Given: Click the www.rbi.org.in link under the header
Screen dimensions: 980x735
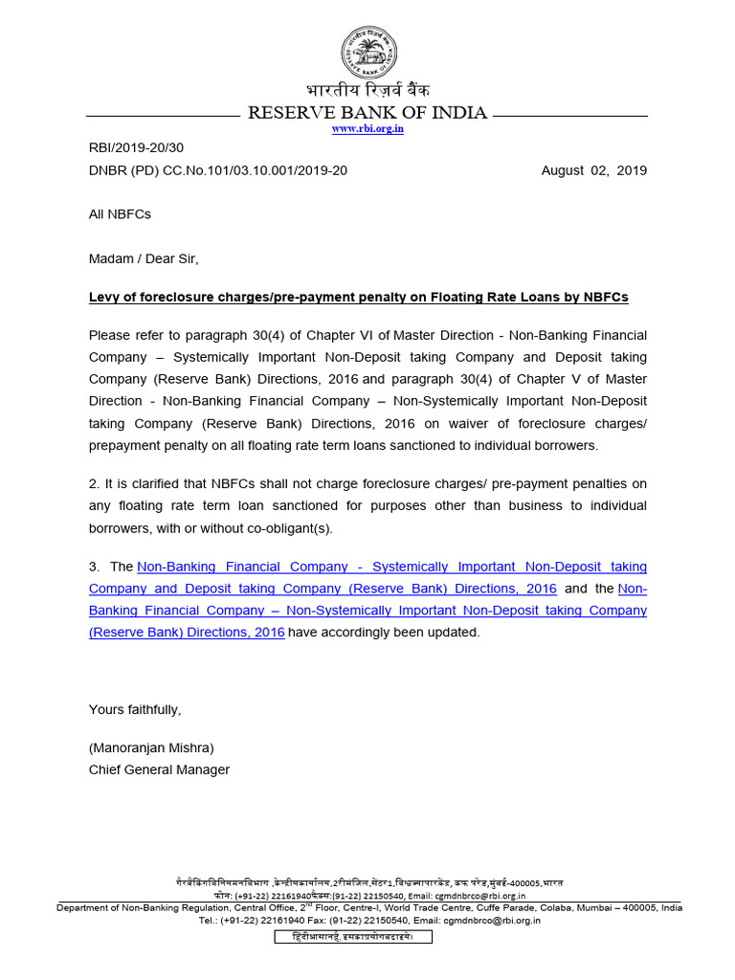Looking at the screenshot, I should tap(367, 129).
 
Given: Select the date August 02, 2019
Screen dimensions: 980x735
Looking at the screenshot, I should tap(593, 170).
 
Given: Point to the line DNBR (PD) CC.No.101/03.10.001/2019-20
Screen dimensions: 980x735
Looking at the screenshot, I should tap(218, 170).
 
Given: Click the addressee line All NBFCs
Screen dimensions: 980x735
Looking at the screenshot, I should tap(120, 214).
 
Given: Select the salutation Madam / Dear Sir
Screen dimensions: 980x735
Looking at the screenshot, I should tap(144, 258).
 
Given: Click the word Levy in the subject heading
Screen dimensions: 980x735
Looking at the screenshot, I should tap(103, 297).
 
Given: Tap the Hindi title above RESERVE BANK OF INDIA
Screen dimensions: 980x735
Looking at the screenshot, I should tap(367, 91).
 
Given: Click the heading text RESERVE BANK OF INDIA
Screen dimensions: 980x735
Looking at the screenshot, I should tap(367, 113).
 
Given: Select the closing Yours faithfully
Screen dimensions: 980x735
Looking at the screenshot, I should tap(135, 709).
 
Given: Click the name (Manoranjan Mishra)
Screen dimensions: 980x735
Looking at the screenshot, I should tap(151, 747).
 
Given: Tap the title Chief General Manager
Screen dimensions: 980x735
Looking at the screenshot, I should tap(159, 769).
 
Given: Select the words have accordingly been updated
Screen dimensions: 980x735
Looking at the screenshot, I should tap(384, 632).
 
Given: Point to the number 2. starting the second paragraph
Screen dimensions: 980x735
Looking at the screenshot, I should tap(95, 483).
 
